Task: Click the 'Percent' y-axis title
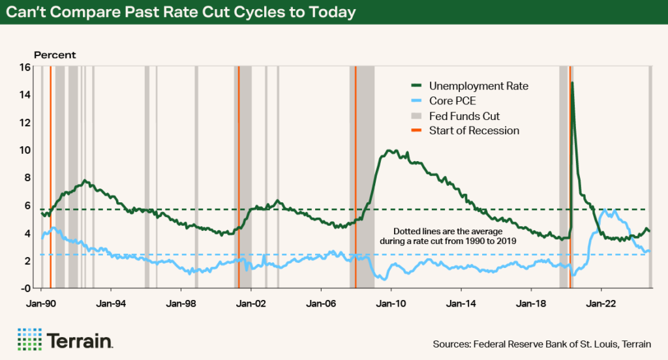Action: (55, 55)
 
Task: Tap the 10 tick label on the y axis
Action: (25, 150)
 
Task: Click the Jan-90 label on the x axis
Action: (41, 304)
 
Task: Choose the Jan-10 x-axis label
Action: (391, 304)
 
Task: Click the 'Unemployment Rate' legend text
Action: (478, 86)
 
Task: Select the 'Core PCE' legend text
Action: (451, 101)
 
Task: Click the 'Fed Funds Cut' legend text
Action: (464, 116)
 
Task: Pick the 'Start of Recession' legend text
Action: (474, 131)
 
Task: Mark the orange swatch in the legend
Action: (416, 131)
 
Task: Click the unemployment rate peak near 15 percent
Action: (572, 83)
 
